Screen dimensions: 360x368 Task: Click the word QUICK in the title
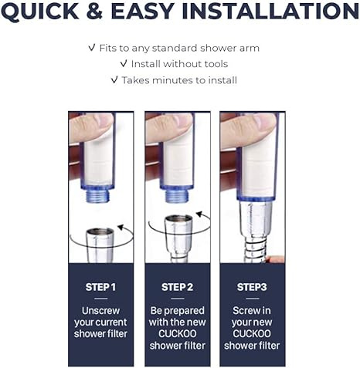(x=40, y=12)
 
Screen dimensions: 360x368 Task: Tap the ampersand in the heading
(x=95, y=12)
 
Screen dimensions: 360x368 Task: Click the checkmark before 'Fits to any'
(x=92, y=48)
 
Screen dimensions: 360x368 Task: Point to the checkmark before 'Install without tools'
(x=124, y=63)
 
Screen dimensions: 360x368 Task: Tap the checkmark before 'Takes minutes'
(x=114, y=79)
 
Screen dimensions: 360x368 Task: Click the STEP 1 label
(x=100, y=287)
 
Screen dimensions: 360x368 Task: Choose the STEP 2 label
(x=178, y=287)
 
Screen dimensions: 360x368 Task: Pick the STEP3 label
(x=252, y=287)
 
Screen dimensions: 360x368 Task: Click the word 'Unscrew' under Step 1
(x=100, y=311)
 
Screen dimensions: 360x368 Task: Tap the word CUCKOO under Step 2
(x=178, y=334)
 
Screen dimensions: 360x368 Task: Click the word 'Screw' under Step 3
(x=243, y=311)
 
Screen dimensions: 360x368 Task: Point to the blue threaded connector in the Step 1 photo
(x=100, y=196)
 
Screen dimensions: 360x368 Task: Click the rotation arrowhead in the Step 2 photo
(x=199, y=214)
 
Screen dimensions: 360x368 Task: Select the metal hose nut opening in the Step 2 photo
(x=178, y=219)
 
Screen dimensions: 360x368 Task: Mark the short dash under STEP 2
(x=178, y=299)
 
